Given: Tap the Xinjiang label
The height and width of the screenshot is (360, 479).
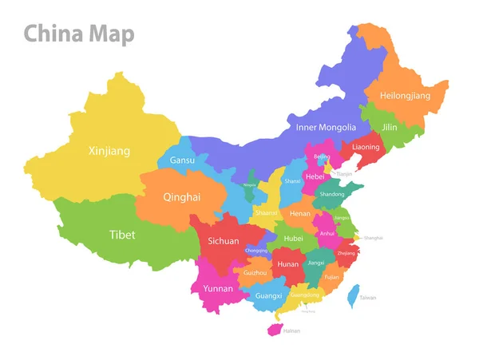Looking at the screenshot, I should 109,151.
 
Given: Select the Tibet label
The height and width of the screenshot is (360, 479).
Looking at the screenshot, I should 122,235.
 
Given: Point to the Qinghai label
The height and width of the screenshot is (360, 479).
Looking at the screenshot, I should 182,197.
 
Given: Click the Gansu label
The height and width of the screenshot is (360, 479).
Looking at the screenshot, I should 183,161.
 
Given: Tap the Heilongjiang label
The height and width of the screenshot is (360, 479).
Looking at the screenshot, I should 404,96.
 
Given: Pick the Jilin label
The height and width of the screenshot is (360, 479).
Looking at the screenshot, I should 389,127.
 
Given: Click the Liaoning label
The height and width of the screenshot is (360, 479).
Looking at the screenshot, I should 366,147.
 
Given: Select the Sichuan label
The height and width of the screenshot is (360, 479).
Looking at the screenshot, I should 224,240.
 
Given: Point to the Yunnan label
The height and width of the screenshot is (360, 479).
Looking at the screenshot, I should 218,288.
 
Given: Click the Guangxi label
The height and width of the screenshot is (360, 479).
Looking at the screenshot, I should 268,295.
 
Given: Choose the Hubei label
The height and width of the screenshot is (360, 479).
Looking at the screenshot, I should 294,238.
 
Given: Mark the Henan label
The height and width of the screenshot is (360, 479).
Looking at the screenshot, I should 300,214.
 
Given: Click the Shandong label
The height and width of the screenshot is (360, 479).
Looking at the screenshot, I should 332,194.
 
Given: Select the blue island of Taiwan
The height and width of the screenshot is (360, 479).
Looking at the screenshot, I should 354,295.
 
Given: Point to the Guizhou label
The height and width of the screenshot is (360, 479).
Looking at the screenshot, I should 255,273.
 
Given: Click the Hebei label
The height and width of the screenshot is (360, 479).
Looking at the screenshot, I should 315,176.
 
